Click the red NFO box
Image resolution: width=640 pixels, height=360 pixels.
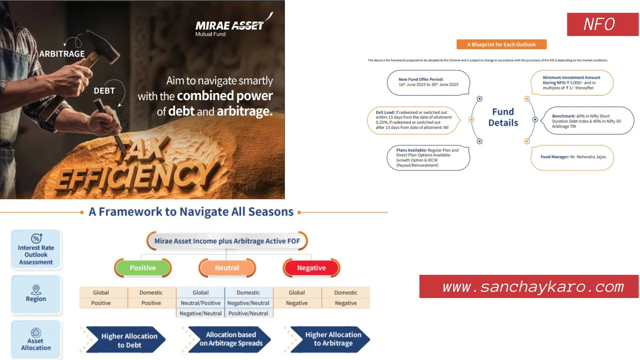click(602, 24)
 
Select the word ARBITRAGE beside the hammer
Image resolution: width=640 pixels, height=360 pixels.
click(62, 54)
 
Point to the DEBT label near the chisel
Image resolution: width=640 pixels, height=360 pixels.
click(104, 91)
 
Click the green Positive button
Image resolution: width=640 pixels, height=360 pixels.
click(143, 268)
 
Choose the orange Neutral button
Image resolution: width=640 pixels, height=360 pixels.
click(227, 268)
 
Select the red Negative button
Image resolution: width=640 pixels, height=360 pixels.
click(311, 268)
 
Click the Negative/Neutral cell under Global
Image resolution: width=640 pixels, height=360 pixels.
click(200, 313)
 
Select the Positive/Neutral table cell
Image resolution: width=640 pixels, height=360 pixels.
click(248, 313)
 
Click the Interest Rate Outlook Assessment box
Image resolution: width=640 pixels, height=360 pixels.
click(36, 249)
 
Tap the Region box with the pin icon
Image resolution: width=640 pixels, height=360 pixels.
click(36, 294)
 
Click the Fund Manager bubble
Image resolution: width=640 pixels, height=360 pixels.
click(572, 157)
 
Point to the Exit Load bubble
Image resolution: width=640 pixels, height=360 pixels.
click(413, 120)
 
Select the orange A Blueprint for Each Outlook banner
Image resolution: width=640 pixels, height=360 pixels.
click(501, 44)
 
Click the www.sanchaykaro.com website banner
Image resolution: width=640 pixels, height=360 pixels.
click(529, 287)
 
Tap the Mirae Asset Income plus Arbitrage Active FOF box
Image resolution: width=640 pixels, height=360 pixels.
click(227, 241)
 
